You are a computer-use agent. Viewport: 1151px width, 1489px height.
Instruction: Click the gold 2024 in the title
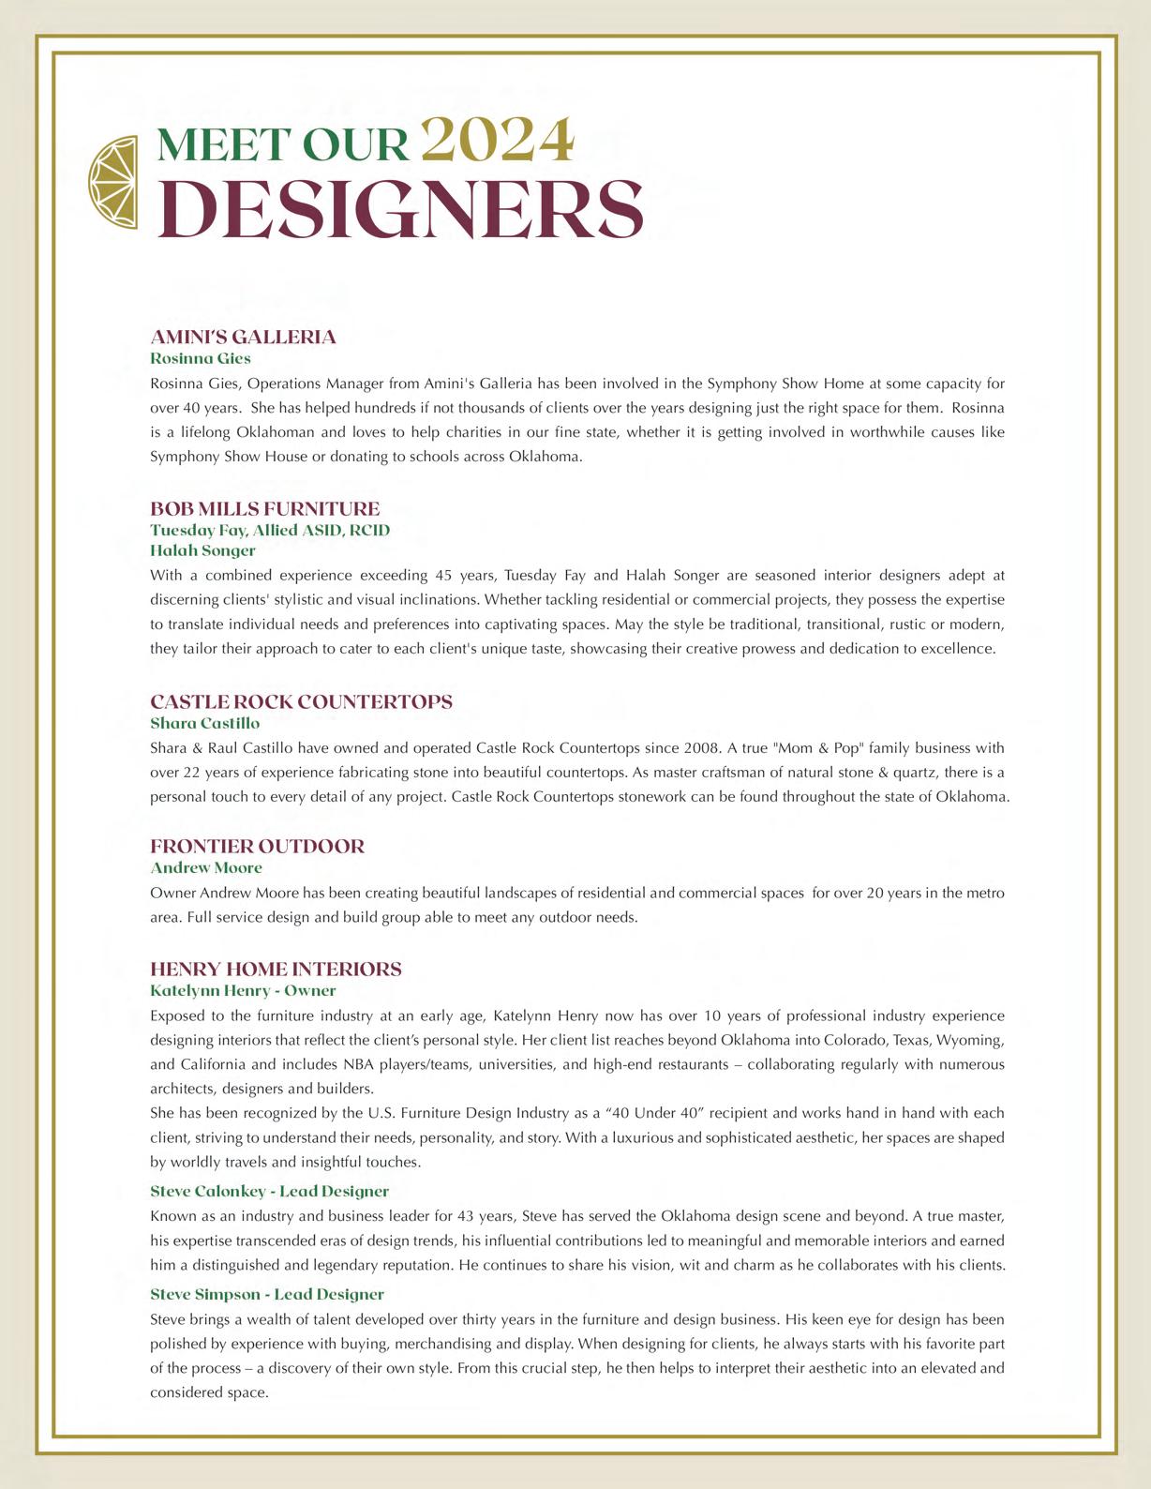tap(497, 141)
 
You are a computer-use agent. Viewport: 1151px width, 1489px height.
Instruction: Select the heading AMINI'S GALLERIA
tap(243, 338)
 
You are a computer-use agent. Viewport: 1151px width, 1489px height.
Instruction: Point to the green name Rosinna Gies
tap(201, 358)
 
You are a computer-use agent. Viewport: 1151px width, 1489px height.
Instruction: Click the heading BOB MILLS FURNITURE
tap(265, 509)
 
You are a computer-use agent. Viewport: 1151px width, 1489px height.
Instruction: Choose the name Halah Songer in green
tap(202, 550)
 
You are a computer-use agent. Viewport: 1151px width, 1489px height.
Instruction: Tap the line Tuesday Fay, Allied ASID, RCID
tap(270, 530)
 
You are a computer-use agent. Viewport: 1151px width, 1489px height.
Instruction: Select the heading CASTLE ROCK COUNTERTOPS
tap(301, 702)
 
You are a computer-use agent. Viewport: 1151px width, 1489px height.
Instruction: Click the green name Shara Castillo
tap(205, 723)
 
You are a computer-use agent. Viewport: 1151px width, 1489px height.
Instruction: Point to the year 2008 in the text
tap(702, 748)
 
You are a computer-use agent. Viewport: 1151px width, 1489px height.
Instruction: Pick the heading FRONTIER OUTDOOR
tap(258, 847)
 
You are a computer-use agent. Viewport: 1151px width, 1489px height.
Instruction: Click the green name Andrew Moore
tap(206, 867)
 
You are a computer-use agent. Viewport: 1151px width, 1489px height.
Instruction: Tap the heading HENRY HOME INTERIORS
tap(276, 970)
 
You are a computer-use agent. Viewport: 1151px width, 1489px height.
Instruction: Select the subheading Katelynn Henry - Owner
tap(243, 990)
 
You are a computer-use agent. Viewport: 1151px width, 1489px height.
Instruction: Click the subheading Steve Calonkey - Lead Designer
tap(269, 1191)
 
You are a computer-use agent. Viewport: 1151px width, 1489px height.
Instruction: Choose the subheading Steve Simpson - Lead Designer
tap(267, 1294)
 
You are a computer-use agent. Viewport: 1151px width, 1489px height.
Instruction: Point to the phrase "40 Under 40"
tap(654, 1113)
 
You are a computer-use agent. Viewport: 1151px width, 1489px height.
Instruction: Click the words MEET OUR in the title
tap(283, 144)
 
